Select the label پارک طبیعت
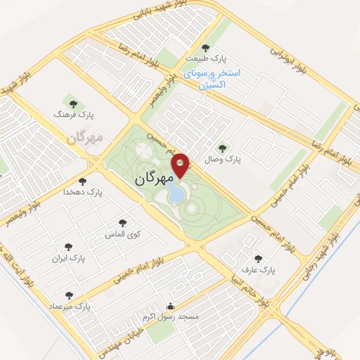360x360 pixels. [205, 60]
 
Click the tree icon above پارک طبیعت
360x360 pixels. [205, 48]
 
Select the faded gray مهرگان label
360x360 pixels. [85, 136]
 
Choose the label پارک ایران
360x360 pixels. [69, 258]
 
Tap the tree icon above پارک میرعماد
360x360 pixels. [69, 295]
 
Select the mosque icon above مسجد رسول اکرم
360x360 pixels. [170, 307]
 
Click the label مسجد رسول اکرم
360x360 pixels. [171, 318]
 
